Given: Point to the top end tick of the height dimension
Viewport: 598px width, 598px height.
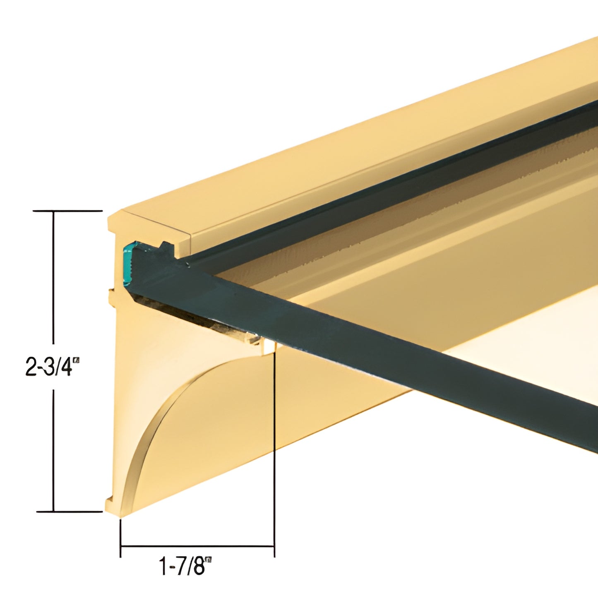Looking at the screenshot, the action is coord(67,211).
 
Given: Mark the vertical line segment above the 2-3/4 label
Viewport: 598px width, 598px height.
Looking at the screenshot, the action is coord(54,277).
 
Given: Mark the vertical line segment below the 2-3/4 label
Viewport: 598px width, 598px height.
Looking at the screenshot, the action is coord(54,451).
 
